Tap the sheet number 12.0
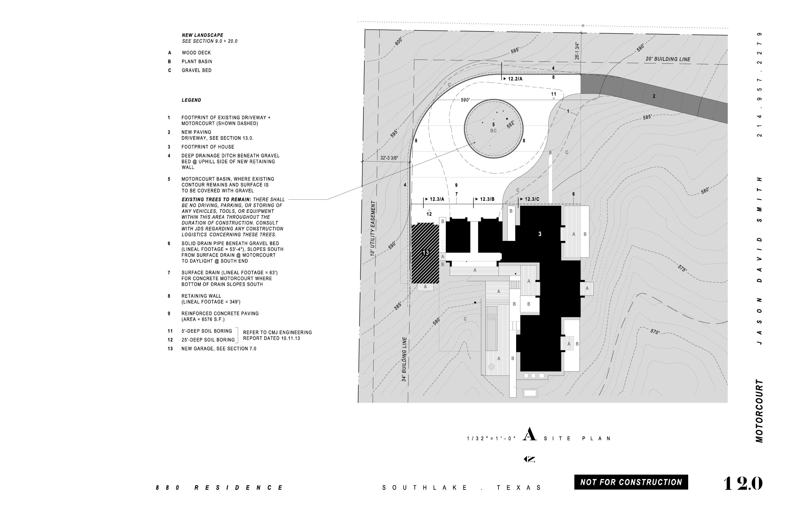[742, 483]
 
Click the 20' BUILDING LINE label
[668, 59]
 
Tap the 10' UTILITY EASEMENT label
[373, 228]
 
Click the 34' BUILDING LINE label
[404, 359]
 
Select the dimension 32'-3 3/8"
[389, 158]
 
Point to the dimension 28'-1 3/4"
[577, 51]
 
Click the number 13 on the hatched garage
[425, 252]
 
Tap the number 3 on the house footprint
[540, 234]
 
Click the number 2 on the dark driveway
[654, 96]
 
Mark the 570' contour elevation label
[655, 331]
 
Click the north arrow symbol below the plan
[529, 459]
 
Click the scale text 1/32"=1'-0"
[491, 439]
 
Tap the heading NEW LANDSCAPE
[202, 35]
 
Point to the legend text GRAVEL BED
[196, 70]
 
